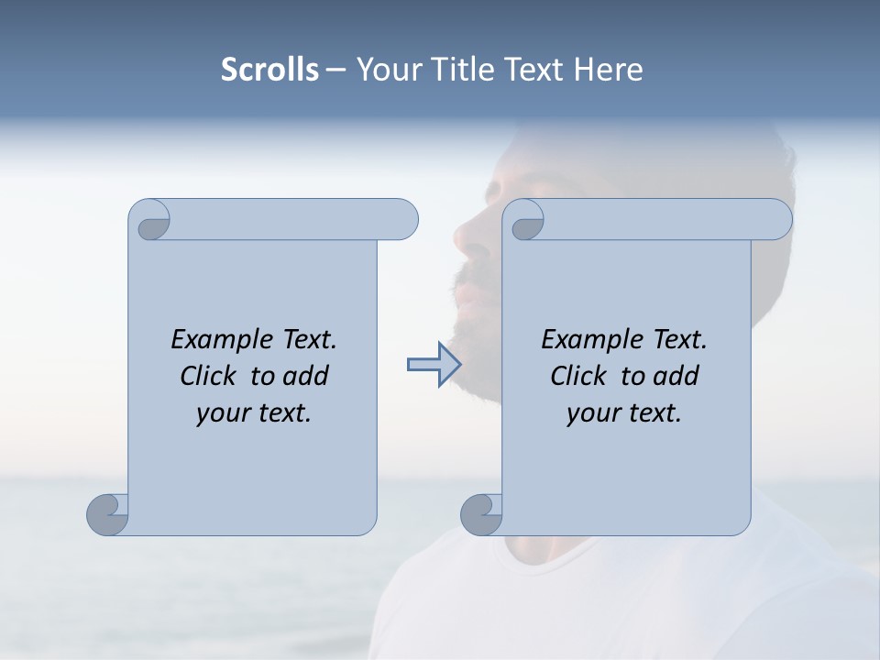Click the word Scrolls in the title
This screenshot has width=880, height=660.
point(269,70)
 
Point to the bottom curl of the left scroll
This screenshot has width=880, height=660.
point(107,514)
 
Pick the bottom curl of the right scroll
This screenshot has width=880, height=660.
point(481,514)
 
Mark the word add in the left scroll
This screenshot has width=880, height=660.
point(306,376)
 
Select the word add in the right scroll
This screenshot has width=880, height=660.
point(676,376)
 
